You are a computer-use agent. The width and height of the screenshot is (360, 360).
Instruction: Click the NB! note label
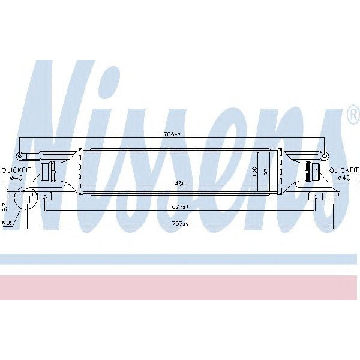[x=7, y=223]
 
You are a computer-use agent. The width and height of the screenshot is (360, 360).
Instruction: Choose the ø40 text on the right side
[x=344, y=177]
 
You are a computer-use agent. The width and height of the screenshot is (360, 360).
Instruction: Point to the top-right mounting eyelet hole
[x=325, y=157]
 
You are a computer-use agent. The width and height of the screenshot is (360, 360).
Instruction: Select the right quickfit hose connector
[x=312, y=173]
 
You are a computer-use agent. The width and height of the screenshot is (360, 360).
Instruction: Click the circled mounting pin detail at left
[x=27, y=197]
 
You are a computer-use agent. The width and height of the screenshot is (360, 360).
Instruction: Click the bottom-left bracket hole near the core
[x=46, y=196]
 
